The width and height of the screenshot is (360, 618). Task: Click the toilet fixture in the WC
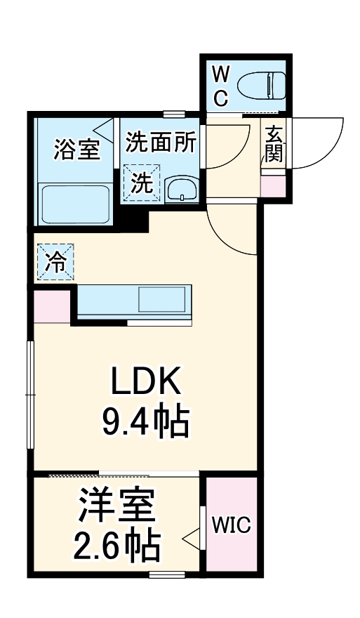(x=260, y=86)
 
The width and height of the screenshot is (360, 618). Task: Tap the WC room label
(x=220, y=84)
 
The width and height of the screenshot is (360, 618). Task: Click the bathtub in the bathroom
(x=75, y=204)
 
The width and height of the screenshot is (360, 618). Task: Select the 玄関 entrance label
(x=274, y=144)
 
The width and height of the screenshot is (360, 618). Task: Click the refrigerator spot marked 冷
(x=55, y=263)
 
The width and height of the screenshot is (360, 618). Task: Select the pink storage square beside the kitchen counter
(x=53, y=306)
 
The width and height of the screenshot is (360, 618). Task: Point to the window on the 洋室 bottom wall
(x=167, y=575)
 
